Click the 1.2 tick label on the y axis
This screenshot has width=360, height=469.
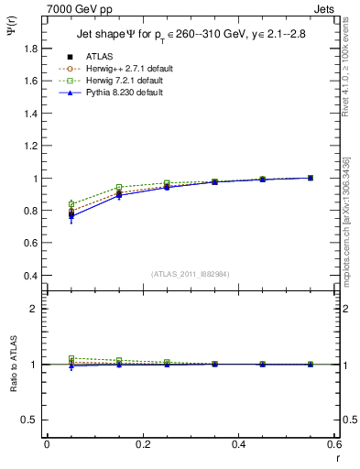31,147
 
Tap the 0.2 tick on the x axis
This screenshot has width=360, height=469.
143,444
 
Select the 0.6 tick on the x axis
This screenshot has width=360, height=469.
334,444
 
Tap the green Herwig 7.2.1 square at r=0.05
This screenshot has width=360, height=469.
71,203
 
